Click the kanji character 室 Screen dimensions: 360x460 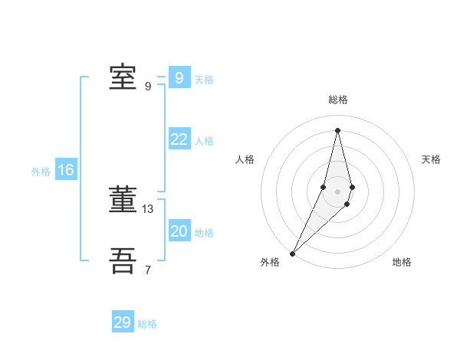[123, 77]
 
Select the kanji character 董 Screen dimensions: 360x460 [123, 201]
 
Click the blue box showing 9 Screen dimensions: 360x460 [179, 78]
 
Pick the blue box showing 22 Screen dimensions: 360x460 [179, 139]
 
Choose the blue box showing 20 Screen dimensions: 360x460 [179, 231]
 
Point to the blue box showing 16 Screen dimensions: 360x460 [65, 170]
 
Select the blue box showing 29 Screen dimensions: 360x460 [122, 322]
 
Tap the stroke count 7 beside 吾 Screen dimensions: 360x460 [148, 270]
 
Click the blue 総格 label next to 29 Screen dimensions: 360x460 [147, 324]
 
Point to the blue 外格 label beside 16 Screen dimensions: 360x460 [41, 172]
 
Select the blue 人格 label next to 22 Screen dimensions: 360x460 [204, 141]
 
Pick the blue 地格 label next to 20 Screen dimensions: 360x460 [204, 233]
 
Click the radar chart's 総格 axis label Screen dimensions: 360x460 [337, 100]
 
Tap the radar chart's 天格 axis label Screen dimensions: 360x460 [431, 159]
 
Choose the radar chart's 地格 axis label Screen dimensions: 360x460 [402, 262]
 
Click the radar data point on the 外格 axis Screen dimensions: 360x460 [292, 253]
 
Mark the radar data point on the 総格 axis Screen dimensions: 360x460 [337, 129]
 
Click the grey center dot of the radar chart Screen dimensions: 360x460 [337, 191]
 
